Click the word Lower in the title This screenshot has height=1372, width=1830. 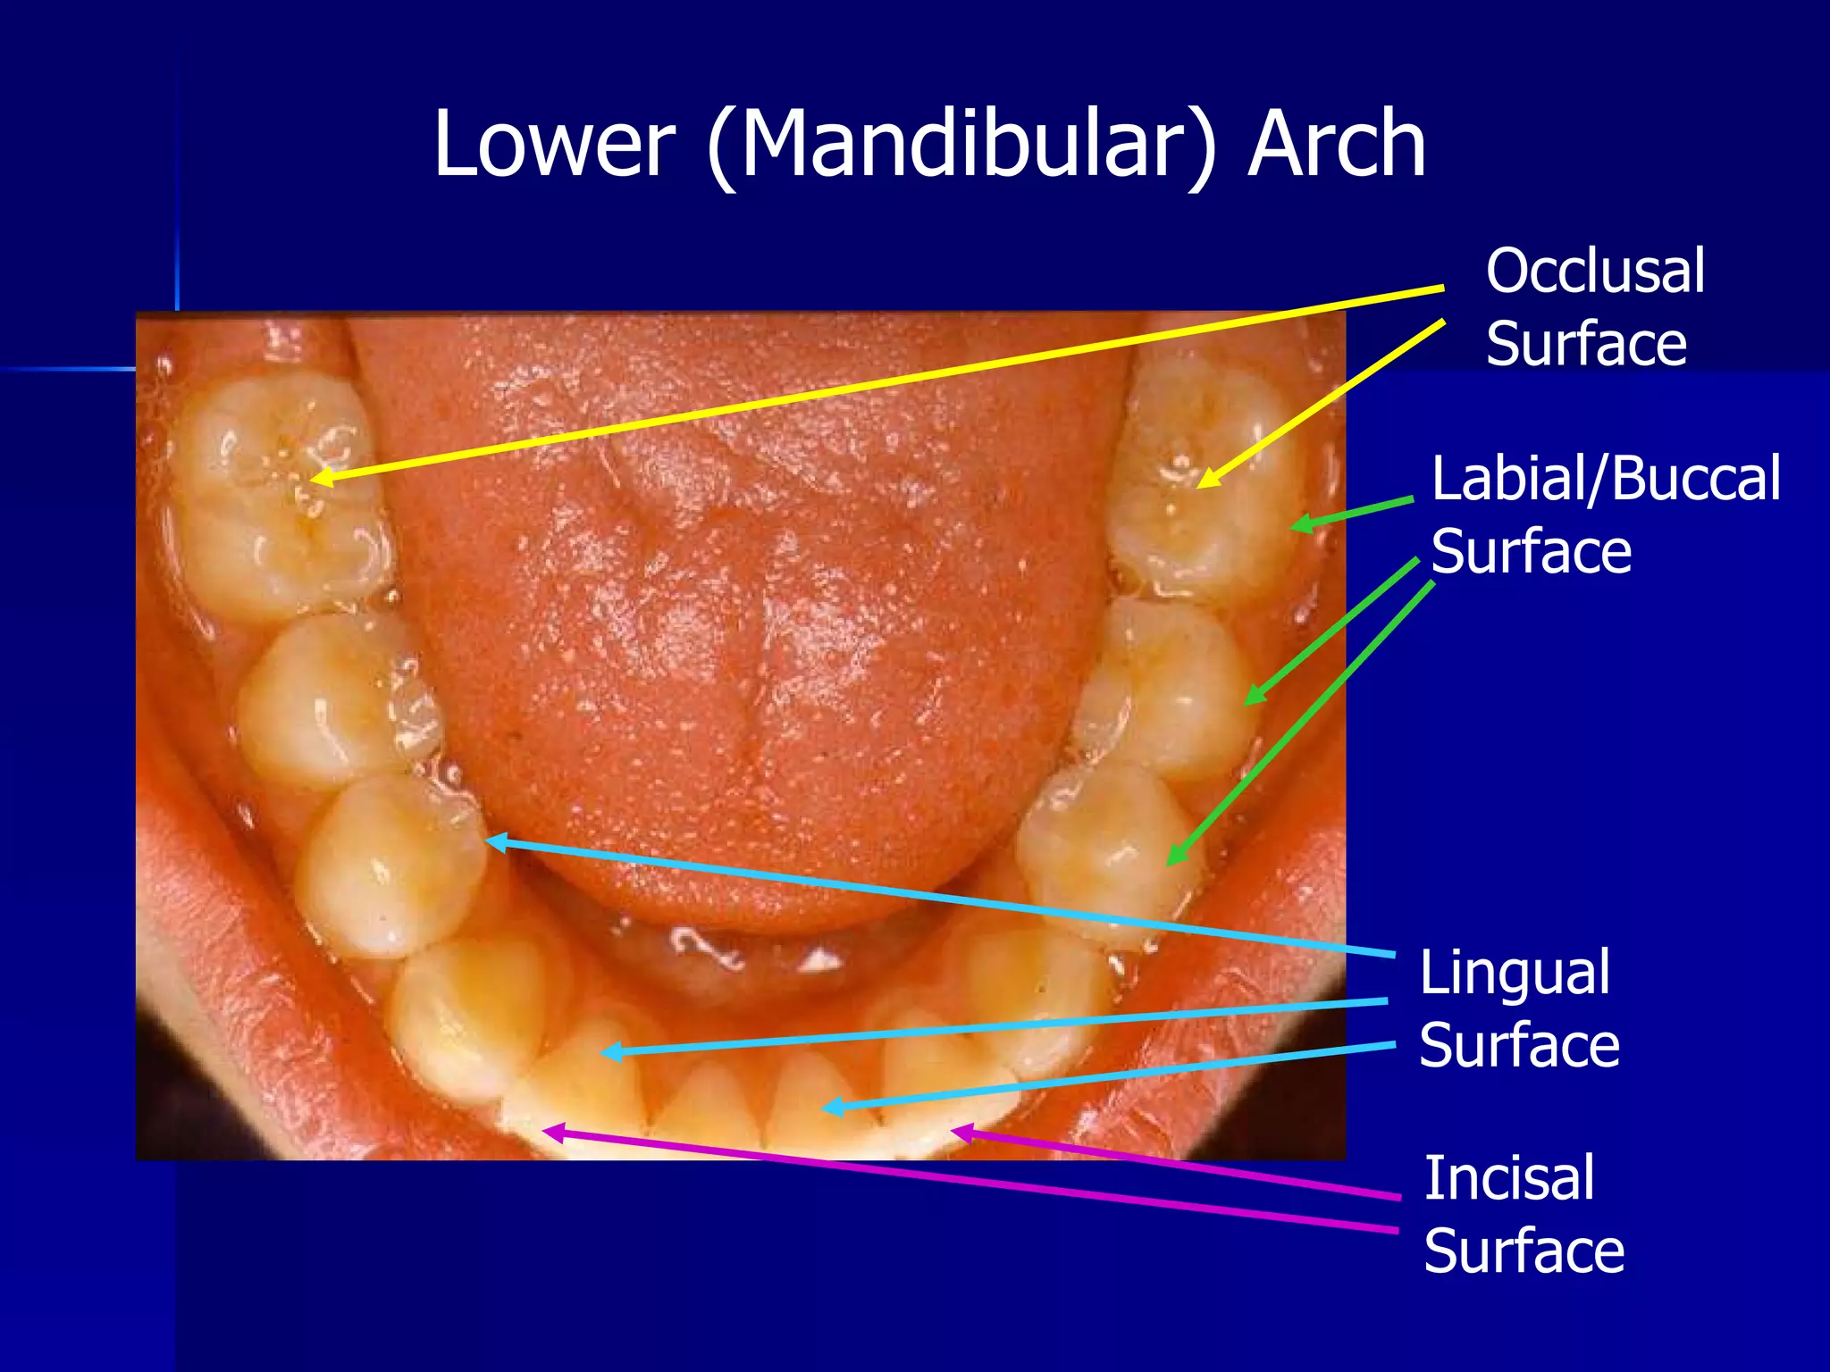coord(553,145)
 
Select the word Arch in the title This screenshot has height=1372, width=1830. coord(1337,145)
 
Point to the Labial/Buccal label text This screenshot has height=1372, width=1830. coord(1606,479)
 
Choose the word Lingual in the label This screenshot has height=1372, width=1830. coord(1515,973)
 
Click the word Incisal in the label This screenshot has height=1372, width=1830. coord(1508,1178)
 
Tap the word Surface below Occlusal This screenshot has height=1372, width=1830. coord(1586,344)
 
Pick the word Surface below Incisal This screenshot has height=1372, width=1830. coord(1524,1251)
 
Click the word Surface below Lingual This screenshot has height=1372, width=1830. coord(1519,1046)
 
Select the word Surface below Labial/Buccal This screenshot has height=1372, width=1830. coord(1532,551)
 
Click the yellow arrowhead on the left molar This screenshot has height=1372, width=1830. coord(320,478)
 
